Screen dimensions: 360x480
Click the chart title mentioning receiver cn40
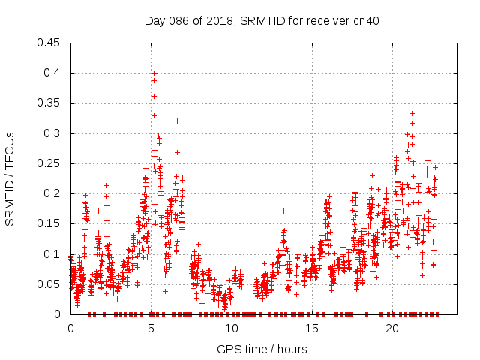(x=261, y=20)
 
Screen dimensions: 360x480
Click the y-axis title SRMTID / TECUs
(x=10, y=178)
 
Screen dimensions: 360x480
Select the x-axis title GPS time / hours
(x=261, y=349)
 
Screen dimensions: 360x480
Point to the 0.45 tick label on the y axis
(x=49, y=43)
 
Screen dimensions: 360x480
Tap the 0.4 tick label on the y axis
(x=52, y=73)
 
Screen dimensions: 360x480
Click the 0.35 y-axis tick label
(x=49, y=103)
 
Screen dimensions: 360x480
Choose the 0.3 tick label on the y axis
(x=52, y=133)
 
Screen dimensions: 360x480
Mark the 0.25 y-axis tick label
(x=49, y=163)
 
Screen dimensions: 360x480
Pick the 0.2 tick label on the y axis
(x=52, y=193)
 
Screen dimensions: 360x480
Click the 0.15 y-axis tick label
(x=49, y=223)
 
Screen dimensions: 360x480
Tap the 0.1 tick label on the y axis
(x=52, y=254)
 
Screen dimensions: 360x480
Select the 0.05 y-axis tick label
(x=49, y=284)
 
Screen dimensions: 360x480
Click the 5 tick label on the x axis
(x=151, y=328)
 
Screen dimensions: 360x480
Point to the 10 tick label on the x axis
(x=231, y=328)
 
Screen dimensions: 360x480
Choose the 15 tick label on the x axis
(x=311, y=328)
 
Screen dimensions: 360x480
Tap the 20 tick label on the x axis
(x=391, y=328)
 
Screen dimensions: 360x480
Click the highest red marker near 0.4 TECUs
(x=154, y=73)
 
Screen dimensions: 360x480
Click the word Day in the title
(x=154, y=20)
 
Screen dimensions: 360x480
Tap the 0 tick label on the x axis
(x=70, y=328)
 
